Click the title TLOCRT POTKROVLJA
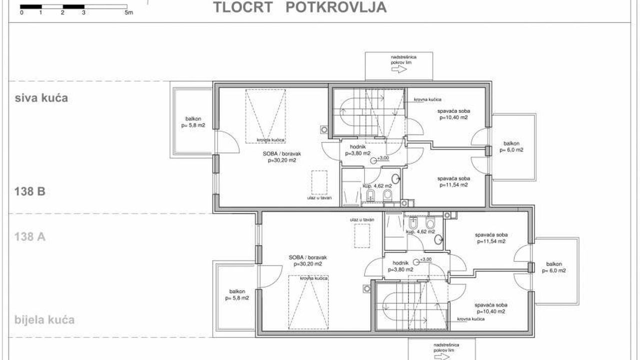point(300,7)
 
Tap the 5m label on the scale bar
point(128,12)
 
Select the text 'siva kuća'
point(41,98)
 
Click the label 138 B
point(30,191)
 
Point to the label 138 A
point(30,236)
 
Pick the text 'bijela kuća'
point(44,319)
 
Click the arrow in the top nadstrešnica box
point(399,69)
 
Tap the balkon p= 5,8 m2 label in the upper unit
point(193,122)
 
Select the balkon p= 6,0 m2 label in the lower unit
point(554,267)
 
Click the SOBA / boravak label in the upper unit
point(282,157)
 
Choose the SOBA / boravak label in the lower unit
point(307,260)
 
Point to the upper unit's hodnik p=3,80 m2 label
point(357,150)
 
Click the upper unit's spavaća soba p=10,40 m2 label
point(453,114)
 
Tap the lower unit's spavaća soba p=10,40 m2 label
point(491,308)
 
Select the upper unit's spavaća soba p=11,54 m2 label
point(453,181)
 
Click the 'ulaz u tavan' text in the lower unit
point(362,219)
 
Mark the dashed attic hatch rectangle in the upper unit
point(319,182)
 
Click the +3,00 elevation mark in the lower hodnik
point(422,260)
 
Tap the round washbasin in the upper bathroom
point(395,179)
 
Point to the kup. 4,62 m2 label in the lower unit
point(420,231)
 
